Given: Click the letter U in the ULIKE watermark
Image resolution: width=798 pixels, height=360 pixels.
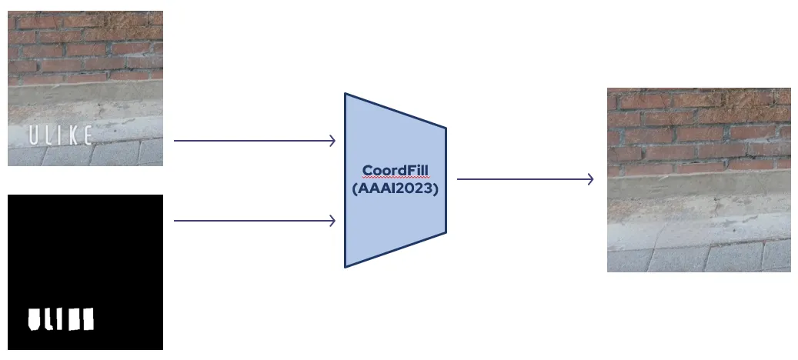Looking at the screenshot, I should pyautogui.click(x=34, y=137).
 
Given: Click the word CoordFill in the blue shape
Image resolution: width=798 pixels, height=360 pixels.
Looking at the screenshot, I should pyautogui.click(x=395, y=170).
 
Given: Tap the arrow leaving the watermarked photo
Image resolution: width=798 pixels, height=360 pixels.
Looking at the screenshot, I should pyautogui.click(x=254, y=141).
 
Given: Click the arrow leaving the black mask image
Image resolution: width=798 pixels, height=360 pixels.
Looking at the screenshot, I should pyautogui.click(x=254, y=221).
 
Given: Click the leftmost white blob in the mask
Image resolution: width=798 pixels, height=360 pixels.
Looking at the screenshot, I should pyautogui.click(x=35, y=318).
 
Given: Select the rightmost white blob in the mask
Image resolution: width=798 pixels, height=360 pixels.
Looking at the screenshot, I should pyautogui.click(x=87, y=318).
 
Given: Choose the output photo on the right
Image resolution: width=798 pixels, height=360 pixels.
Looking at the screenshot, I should pyautogui.click(x=699, y=179).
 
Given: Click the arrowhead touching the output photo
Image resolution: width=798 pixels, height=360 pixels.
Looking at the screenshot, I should pyautogui.click(x=590, y=179).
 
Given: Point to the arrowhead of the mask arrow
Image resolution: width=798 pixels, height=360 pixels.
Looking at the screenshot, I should pyautogui.click(x=332, y=221).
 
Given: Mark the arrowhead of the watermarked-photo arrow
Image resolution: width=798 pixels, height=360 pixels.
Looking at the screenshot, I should pyautogui.click(x=332, y=141).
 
